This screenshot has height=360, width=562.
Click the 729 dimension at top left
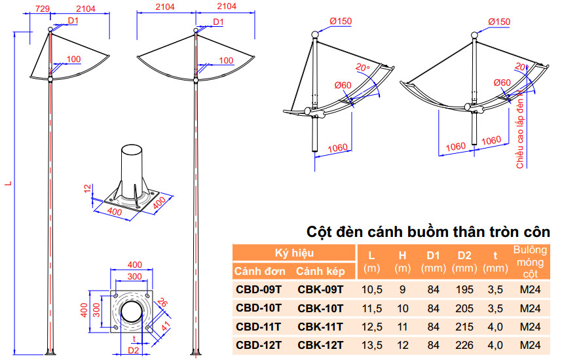pyautogui.click(x=43, y=9)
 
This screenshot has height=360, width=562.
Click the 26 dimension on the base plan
pyautogui.click(x=162, y=302)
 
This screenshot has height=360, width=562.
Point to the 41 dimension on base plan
pyautogui.click(x=166, y=327)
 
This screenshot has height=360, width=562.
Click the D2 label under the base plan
pyautogui.click(x=134, y=350)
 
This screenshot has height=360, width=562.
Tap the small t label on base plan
pyautogui.click(x=134, y=339)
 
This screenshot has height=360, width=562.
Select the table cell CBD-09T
pyautogui.click(x=259, y=289)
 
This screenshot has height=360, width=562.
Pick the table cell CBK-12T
pyautogui.click(x=320, y=346)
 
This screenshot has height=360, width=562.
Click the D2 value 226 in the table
pyautogui.click(x=464, y=346)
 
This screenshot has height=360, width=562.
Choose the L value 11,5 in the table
pyautogui.click(x=372, y=308)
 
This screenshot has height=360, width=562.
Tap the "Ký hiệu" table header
pyautogui.click(x=294, y=253)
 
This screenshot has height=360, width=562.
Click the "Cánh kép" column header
pyautogui.click(x=320, y=271)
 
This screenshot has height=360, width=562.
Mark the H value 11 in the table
pyautogui.click(x=402, y=327)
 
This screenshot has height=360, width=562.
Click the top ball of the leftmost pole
pyautogui.click(x=50, y=29)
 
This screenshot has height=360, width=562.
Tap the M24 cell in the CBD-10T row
pyautogui.click(x=530, y=308)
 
